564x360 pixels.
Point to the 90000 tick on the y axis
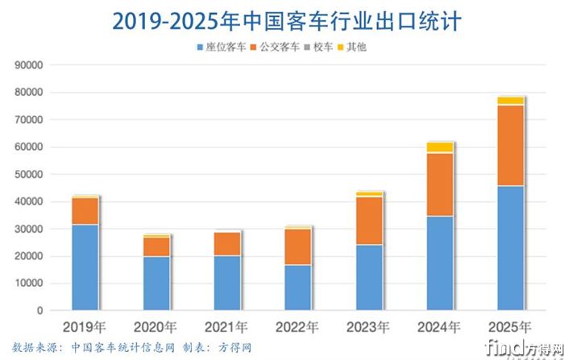pyautogui.click(x=28, y=65)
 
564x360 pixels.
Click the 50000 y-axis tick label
pyautogui.click(x=28, y=174)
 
